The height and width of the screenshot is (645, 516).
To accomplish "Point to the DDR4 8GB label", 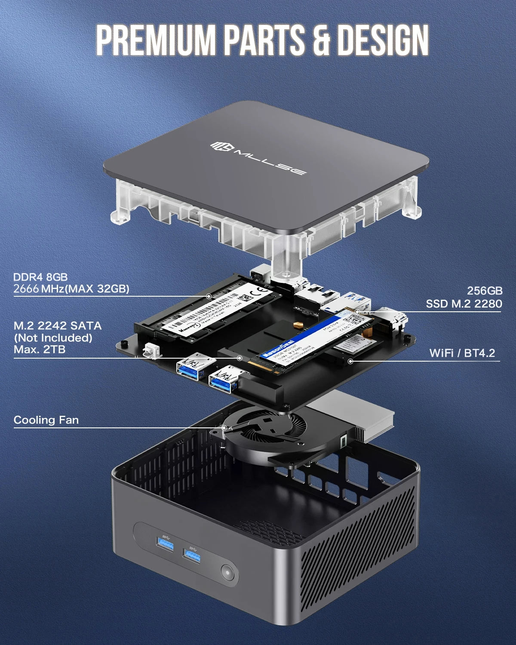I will pyautogui.click(x=40, y=277).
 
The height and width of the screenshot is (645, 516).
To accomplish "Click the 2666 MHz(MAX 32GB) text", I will pyautogui.click(x=71, y=289).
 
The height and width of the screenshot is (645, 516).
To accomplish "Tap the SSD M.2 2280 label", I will pyautogui.click(x=464, y=304).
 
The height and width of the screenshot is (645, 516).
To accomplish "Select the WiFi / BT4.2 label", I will pyautogui.click(x=462, y=353).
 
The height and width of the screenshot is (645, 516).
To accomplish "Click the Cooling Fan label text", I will pyautogui.click(x=46, y=420).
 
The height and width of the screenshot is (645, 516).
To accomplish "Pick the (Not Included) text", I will pyautogui.click(x=53, y=338).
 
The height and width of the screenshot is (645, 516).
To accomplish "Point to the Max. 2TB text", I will pyautogui.click(x=40, y=349).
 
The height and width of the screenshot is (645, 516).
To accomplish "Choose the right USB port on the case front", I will pyautogui.click(x=192, y=556).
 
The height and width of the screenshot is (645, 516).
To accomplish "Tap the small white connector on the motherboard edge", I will pyautogui.click(x=150, y=350).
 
